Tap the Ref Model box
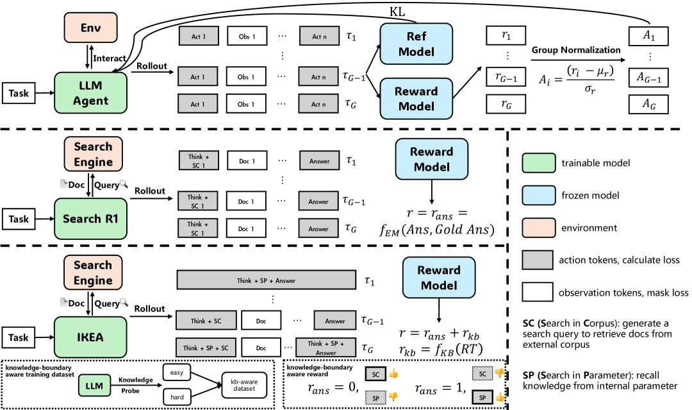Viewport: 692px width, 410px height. [416, 44]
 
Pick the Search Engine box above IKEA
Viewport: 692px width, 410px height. [93, 273]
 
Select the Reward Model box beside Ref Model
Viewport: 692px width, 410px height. [416, 98]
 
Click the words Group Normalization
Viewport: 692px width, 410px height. [575, 51]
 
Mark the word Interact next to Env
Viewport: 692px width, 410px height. [110, 58]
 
